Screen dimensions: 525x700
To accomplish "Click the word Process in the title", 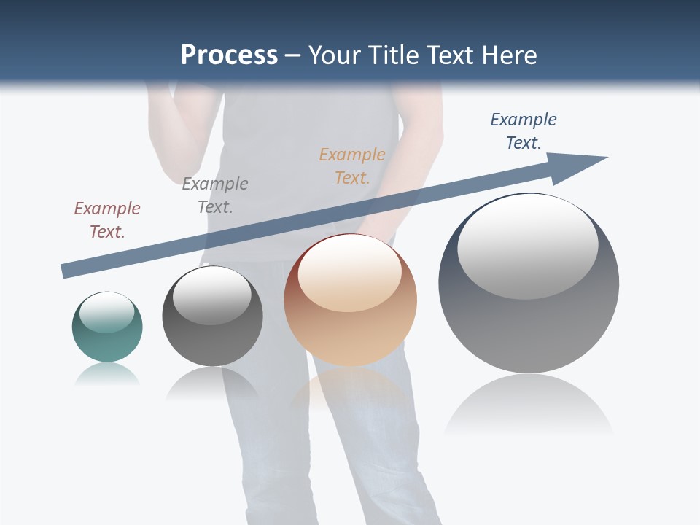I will pos(229,55).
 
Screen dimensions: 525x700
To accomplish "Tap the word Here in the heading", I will pos(510,55).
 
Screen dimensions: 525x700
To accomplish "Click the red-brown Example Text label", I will pos(107,219).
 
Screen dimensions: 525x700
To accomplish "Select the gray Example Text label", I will pos(215,195).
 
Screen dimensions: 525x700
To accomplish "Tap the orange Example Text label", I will pos(352,166).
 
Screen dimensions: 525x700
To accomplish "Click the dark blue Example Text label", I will pos(524,131).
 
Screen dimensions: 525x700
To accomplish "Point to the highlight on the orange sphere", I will pos(350,273).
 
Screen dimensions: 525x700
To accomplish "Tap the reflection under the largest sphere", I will pos(529,405).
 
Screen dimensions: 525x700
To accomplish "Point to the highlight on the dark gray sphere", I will pos(212,295).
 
